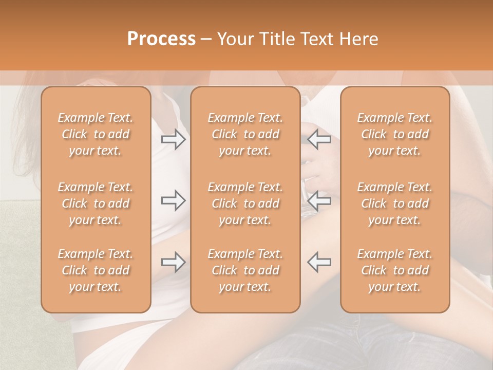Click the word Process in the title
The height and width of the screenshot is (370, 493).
(161, 39)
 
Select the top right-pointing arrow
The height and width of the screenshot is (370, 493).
(174, 139)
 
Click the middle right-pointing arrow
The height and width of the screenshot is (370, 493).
(174, 200)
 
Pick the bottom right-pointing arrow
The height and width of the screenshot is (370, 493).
(174, 262)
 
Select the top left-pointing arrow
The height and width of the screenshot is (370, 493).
(319, 139)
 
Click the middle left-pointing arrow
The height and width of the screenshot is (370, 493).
(319, 200)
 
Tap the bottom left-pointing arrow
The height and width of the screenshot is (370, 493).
(319, 262)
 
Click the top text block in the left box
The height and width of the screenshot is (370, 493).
(96, 134)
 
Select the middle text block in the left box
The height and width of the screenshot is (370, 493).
(96, 203)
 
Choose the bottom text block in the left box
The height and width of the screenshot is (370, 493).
(96, 270)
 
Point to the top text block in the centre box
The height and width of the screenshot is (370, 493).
(245, 134)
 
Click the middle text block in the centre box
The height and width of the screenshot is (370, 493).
(245, 203)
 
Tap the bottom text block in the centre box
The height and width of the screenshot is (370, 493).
(245, 270)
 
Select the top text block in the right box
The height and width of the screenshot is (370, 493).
(395, 134)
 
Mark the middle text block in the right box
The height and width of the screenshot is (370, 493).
(395, 203)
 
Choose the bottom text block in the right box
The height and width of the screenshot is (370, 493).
(395, 270)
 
